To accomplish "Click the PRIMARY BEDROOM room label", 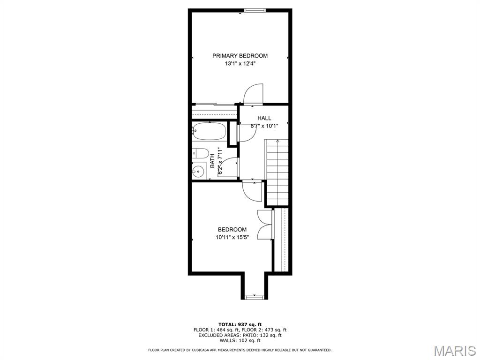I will pyautogui.click(x=240, y=56).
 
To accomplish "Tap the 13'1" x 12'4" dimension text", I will pyautogui.click(x=240, y=64).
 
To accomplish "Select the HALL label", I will pyautogui.click(x=264, y=118).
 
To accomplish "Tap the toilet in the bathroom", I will pyautogui.click(x=200, y=153).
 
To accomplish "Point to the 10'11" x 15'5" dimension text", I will pyautogui.click(x=232, y=238).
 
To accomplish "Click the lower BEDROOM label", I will pyautogui.click(x=232, y=229).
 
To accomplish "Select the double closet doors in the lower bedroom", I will pyautogui.click(x=265, y=225).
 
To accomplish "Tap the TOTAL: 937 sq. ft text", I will pyautogui.click(x=240, y=324).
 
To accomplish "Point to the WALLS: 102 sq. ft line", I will pyautogui.click(x=240, y=341).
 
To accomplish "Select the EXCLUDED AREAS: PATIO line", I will pyautogui.click(x=240, y=335).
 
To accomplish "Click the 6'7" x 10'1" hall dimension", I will pyautogui.click(x=264, y=126).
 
